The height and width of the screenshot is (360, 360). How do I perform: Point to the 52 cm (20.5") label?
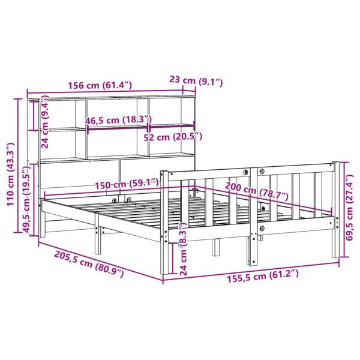pyautogui.click(x=175, y=137)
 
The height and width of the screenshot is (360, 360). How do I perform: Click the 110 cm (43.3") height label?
pyautogui.click(x=10, y=174)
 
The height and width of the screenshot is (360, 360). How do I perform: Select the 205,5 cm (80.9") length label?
pyautogui.click(x=80, y=265)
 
